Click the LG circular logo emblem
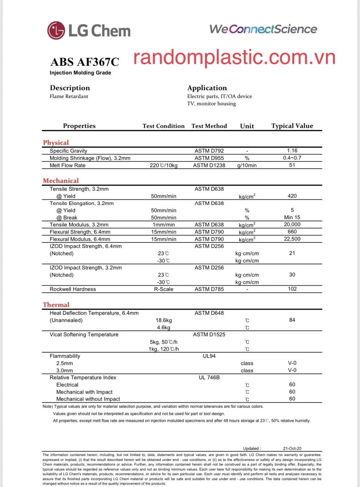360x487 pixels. tap(56, 30)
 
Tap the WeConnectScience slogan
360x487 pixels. tap(263, 29)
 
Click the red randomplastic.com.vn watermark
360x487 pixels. tap(234, 57)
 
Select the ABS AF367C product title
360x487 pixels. tap(85, 62)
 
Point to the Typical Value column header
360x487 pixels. tap(292, 126)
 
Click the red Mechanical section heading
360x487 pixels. tap(61, 181)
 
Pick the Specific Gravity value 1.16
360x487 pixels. tap(292, 151)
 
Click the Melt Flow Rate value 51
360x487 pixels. tap(292, 165)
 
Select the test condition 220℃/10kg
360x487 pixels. tap(164, 165)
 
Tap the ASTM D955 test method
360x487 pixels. tap(209, 158)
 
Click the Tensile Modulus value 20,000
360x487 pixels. tap(292, 225)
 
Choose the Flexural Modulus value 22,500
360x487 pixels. tap(292, 239)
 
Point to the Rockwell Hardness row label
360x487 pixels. tap(73, 289)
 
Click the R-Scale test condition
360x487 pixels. tap(164, 289)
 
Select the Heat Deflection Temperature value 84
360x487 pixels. tap(292, 320)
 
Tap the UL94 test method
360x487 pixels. tap(209, 356)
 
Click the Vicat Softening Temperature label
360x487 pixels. tap(84, 334)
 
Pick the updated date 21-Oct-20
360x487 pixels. tap(292, 448)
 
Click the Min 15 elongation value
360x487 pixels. tap(292, 217)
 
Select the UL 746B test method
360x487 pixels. tap(209, 378)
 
